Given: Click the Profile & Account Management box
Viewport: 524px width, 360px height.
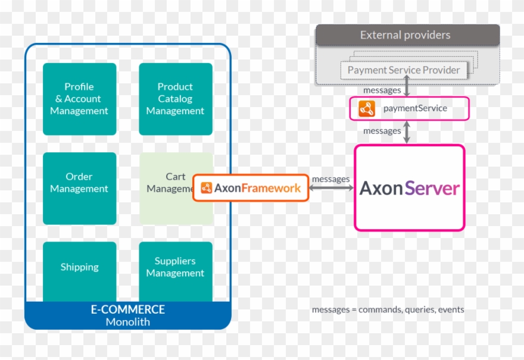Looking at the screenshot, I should tap(79, 99).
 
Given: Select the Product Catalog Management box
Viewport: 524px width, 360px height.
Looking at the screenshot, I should tap(175, 99).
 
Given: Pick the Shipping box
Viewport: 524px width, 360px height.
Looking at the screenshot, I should tap(79, 267).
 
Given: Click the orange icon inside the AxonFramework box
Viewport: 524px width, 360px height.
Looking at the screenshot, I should tap(206, 188).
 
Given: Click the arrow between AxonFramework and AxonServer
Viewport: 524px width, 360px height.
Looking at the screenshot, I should tap(331, 188).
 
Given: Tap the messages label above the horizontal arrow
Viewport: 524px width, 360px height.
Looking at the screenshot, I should tap(330, 179).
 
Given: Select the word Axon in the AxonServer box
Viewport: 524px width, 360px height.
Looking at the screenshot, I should tap(381, 189).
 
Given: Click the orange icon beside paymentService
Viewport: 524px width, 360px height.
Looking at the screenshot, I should tap(366, 109).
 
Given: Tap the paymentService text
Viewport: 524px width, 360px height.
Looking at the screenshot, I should tap(415, 108).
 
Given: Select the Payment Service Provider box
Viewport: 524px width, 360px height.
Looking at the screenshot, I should tap(403, 70).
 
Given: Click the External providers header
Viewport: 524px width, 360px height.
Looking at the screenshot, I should tap(405, 35).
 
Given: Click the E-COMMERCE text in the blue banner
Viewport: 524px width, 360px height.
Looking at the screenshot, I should tap(127, 309).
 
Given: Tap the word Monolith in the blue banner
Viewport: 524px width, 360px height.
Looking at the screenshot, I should tap(127, 322).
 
